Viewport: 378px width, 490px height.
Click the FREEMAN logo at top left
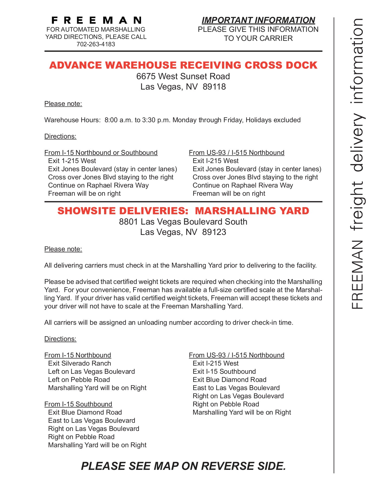[x=96, y=20]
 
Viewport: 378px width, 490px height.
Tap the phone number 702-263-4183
[x=96, y=44]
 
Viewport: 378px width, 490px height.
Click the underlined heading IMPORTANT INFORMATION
[x=258, y=20]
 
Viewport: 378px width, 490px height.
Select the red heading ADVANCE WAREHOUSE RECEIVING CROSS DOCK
[x=183, y=65]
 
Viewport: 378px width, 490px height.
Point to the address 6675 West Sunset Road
[x=183, y=76]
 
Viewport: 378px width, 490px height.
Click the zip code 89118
[x=214, y=87]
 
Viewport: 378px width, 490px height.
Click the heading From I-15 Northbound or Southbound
[x=101, y=153]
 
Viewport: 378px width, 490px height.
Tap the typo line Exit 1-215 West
[x=72, y=161]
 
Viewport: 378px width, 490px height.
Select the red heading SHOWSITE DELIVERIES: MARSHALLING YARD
[x=183, y=211]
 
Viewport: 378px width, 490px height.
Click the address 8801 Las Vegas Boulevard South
[x=183, y=222]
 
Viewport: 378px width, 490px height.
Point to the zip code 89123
[x=214, y=232]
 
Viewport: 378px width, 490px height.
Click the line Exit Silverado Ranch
[x=79, y=363]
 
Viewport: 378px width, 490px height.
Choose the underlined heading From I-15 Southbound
[x=78, y=404]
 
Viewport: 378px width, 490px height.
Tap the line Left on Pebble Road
[x=79, y=380]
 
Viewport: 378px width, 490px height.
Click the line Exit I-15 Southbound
[x=224, y=372]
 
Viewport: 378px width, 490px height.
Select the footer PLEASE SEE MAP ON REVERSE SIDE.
[x=183, y=466]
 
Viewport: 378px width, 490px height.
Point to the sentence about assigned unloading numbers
[x=168, y=323]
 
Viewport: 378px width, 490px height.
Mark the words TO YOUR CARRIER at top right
[x=258, y=38]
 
